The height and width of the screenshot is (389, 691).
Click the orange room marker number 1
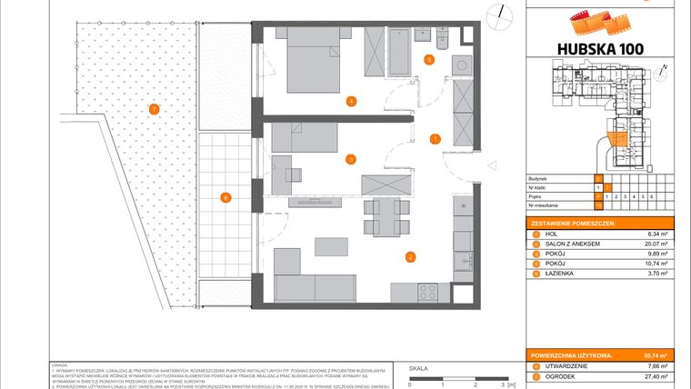pos(436,139)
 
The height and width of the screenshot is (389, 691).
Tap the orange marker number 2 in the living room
pos(411,257)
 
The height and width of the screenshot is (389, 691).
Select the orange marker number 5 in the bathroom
pos(429,60)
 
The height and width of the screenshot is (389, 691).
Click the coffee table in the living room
pos(330,246)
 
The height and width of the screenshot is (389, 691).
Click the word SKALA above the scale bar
pos(418,370)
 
